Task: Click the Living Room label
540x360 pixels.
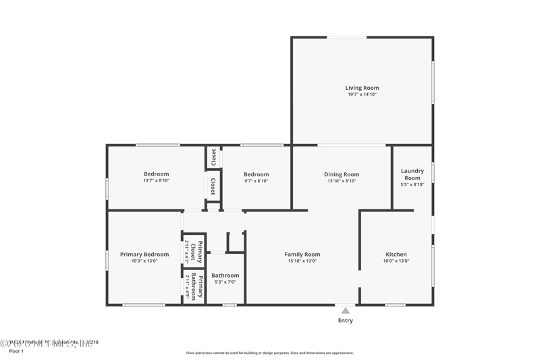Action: click(x=362, y=88)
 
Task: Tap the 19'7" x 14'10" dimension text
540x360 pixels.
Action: click(x=362, y=95)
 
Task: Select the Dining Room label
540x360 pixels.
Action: click(x=342, y=174)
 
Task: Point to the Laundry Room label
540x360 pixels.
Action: click(x=412, y=174)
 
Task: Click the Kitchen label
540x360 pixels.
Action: click(x=396, y=255)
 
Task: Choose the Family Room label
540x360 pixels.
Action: click(x=302, y=255)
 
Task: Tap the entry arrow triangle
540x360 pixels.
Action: click(x=346, y=310)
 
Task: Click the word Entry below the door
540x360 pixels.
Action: click(x=346, y=321)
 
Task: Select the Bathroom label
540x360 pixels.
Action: click(x=225, y=276)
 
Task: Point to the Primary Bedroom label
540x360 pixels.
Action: click(x=144, y=255)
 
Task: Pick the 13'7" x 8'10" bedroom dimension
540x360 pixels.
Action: click(x=156, y=181)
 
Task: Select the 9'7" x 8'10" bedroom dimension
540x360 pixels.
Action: click(x=256, y=181)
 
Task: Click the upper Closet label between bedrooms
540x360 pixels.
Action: click(x=213, y=157)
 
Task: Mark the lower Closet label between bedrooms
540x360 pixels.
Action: click(x=213, y=186)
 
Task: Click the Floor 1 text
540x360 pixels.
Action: click(x=16, y=352)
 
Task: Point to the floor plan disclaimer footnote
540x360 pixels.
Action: click(x=269, y=353)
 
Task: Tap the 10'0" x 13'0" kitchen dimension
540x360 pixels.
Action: click(x=396, y=261)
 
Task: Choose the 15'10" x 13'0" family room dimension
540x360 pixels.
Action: click(x=302, y=261)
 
